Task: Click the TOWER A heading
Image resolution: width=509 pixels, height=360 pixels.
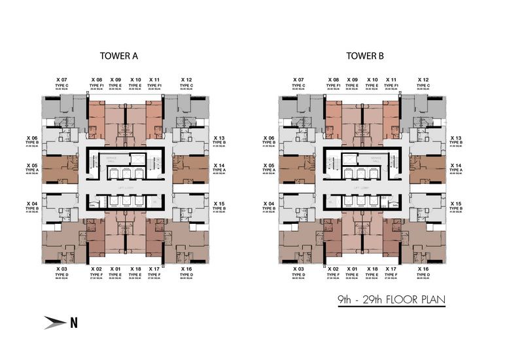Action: [x=118, y=56]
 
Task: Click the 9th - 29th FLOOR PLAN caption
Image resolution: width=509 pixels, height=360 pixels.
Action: [x=391, y=300]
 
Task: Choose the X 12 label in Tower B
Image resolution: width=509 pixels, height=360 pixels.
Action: [x=424, y=79]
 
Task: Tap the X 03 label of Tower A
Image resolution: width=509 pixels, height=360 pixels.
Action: [x=61, y=269]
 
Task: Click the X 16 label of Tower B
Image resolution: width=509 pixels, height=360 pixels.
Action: [x=423, y=269]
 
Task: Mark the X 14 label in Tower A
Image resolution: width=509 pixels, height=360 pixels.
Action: [x=219, y=166]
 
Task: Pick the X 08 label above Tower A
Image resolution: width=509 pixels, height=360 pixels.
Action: [x=96, y=79]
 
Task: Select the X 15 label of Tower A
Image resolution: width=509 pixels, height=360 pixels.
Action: [x=219, y=204]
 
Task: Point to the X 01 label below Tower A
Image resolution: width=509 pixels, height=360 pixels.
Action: [x=116, y=269]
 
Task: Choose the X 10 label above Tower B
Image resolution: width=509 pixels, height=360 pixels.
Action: [x=372, y=79]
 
